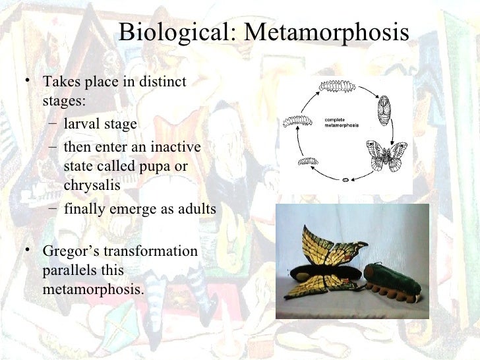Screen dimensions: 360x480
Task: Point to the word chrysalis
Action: click(x=92, y=185)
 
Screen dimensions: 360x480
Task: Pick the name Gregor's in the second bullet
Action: click(x=65, y=252)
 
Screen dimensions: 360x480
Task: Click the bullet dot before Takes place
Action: click(x=26, y=82)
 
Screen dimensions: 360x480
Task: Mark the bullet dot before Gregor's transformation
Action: click(x=26, y=251)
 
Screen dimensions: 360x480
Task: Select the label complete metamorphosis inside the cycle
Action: click(x=342, y=123)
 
